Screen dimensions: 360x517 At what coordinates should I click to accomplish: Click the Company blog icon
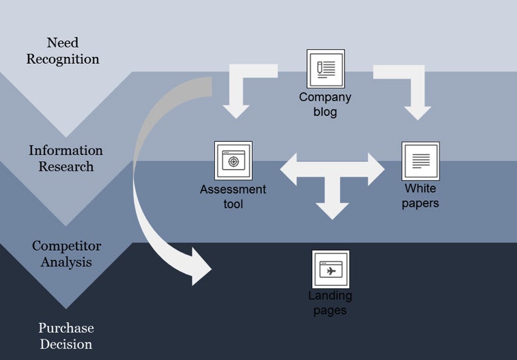(x=325, y=68)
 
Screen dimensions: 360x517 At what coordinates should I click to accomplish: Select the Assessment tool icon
(x=233, y=160)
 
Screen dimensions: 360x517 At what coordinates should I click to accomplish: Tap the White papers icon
(x=421, y=160)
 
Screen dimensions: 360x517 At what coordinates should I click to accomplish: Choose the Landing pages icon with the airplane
(x=330, y=269)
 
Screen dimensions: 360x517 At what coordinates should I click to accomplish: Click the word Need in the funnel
(x=62, y=43)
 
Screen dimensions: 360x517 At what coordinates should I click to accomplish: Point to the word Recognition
(x=62, y=59)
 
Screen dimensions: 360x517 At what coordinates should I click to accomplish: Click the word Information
(x=66, y=150)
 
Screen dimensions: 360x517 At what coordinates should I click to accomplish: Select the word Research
(x=66, y=166)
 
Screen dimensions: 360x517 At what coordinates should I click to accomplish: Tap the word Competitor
(x=66, y=246)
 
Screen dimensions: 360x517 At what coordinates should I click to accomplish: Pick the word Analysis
(x=66, y=262)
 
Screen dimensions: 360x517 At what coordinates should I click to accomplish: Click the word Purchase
(x=66, y=328)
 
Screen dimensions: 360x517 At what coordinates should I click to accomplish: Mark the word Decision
(x=66, y=344)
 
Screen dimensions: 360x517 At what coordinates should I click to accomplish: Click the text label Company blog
(x=325, y=104)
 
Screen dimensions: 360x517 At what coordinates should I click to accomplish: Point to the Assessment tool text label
(x=233, y=196)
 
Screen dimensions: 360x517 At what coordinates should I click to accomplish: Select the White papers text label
(x=420, y=196)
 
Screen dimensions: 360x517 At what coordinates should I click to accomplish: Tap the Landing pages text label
(x=330, y=302)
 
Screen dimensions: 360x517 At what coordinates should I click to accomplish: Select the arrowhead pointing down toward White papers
(x=417, y=112)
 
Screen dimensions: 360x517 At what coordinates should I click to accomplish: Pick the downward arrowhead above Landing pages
(x=332, y=210)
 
